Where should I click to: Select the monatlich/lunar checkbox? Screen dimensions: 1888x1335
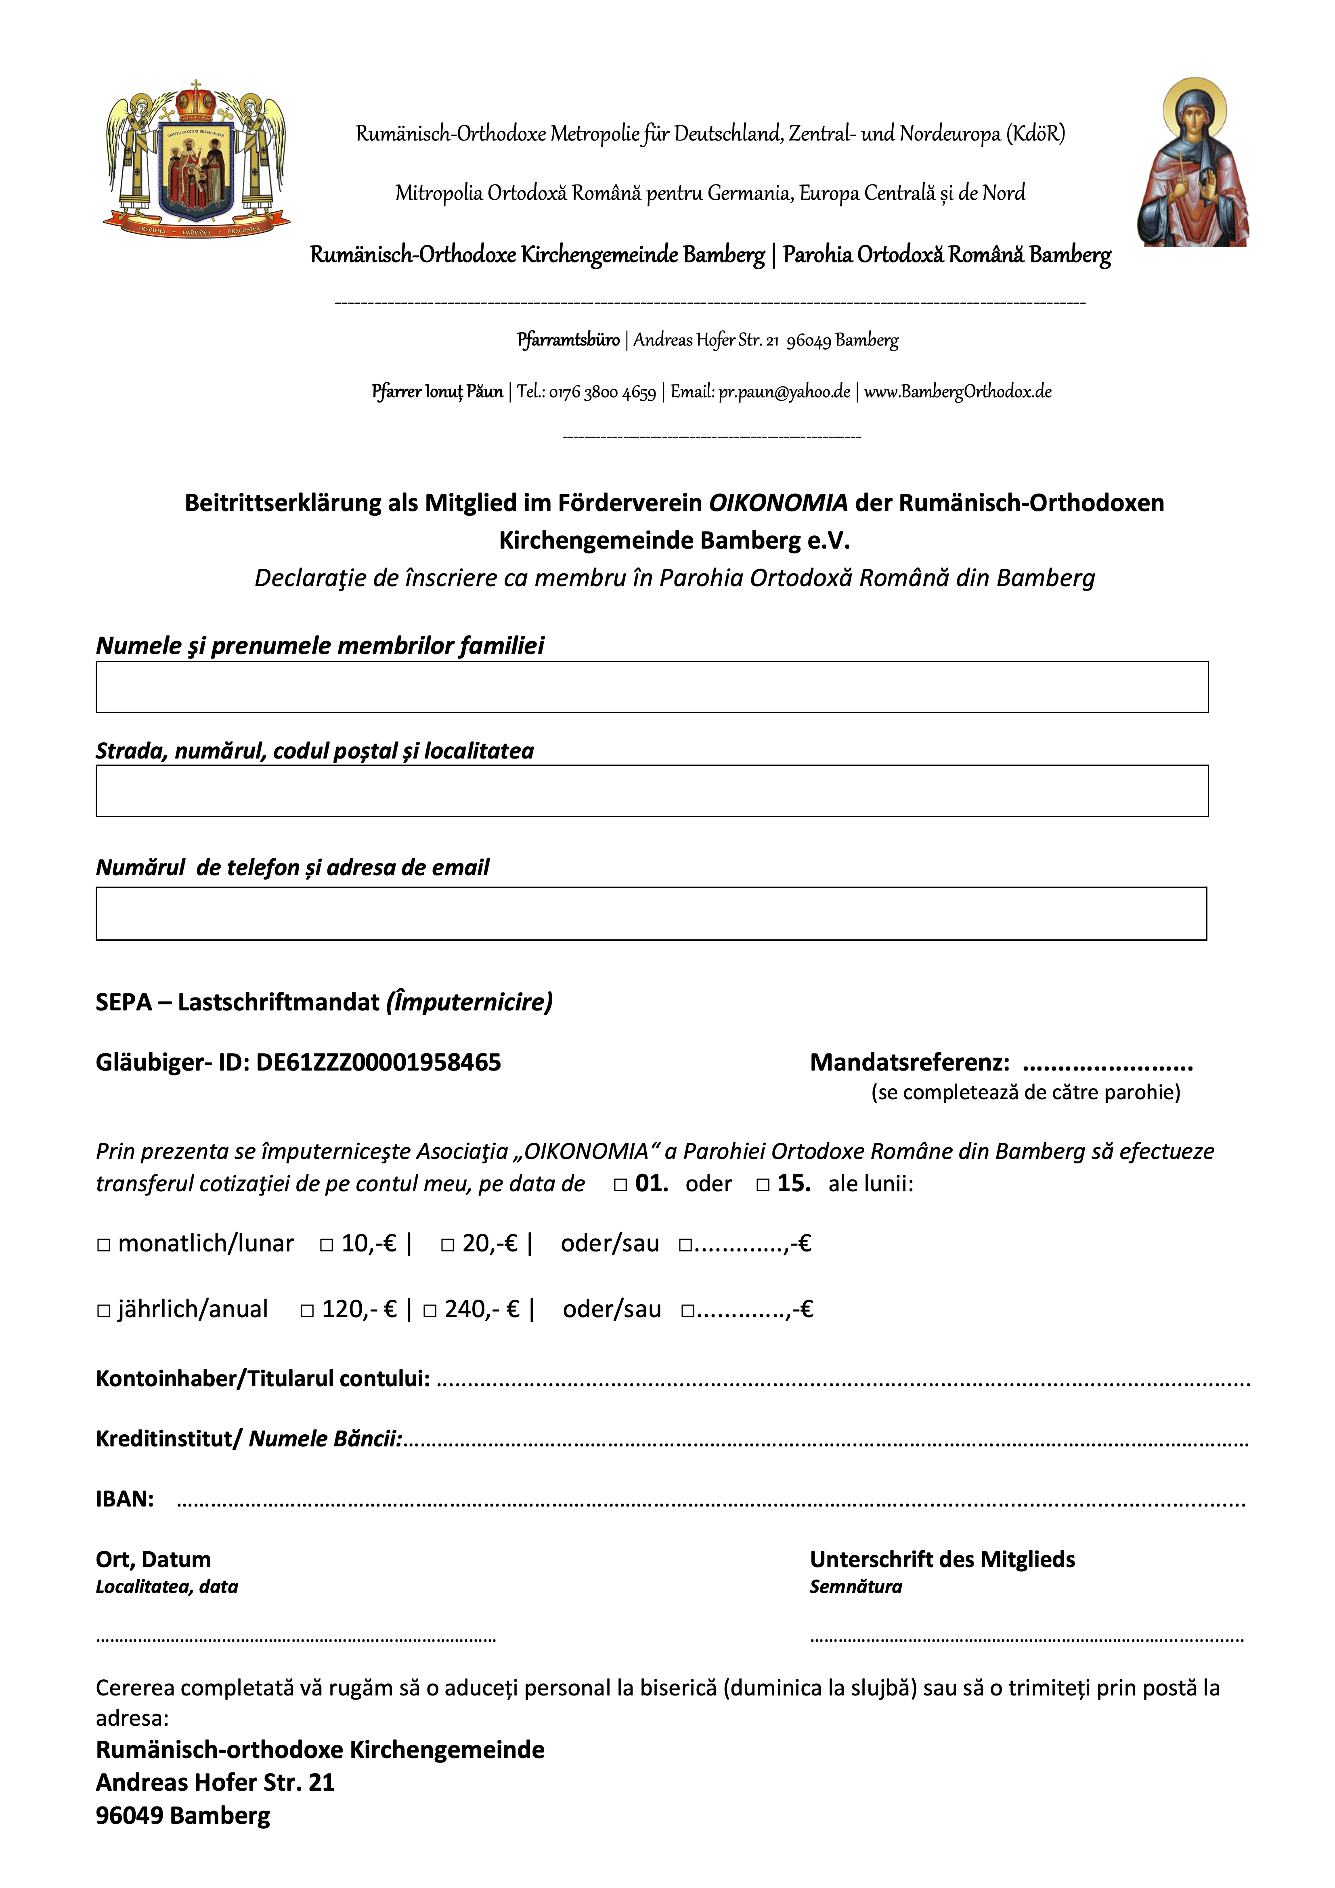(x=104, y=1245)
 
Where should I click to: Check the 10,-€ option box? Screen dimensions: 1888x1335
(x=327, y=1245)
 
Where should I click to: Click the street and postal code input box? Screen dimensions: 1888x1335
(x=652, y=791)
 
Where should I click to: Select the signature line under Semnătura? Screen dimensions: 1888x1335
(x=1027, y=1640)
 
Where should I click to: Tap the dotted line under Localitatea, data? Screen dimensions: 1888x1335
(x=296, y=1640)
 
